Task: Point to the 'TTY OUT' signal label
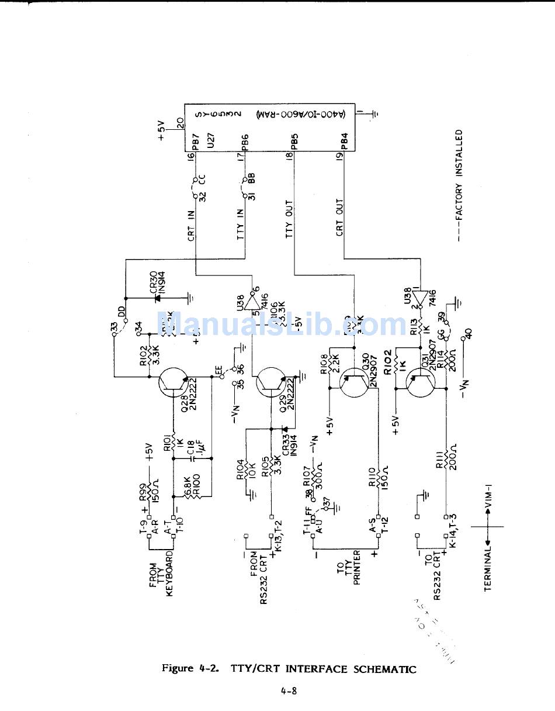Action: coord(290,220)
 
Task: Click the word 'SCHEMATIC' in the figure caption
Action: coord(384,669)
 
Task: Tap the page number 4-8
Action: coord(289,691)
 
